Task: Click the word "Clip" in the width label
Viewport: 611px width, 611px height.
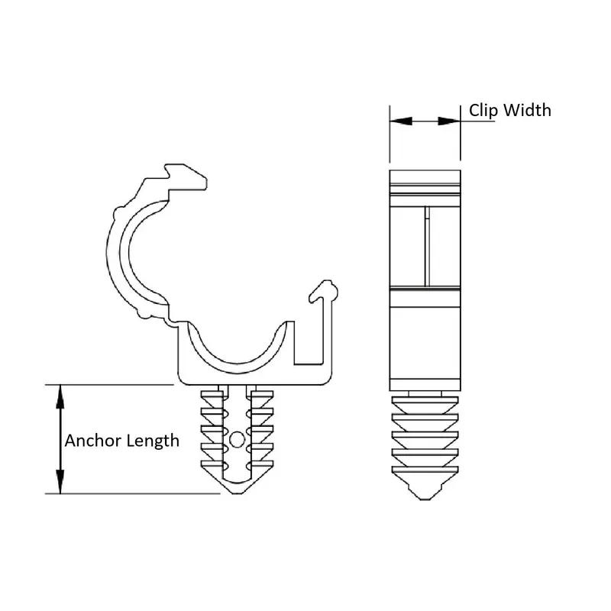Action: tap(483, 111)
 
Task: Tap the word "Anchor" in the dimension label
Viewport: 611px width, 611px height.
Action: tap(90, 441)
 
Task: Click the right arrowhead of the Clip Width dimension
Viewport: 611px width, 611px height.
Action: tap(452, 121)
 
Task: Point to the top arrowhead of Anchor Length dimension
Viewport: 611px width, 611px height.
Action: tap(60, 393)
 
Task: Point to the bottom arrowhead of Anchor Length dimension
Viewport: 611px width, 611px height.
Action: tap(60, 485)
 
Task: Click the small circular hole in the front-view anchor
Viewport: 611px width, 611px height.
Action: tap(238, 438)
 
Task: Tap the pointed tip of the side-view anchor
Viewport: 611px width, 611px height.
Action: tap(425, 498)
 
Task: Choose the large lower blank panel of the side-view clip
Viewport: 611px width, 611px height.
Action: tap(425, 340)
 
